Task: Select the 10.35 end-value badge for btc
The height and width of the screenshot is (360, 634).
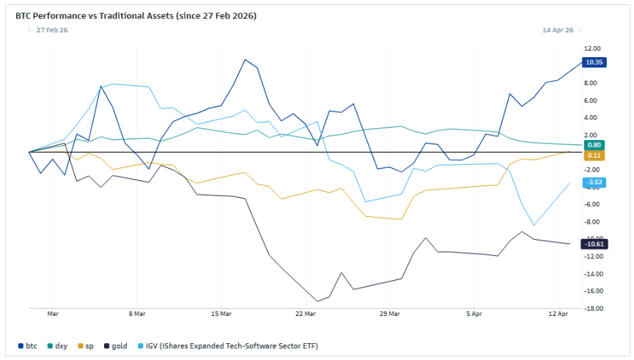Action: tap(594, 62)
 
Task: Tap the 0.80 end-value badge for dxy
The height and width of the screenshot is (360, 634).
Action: tap(594, 145)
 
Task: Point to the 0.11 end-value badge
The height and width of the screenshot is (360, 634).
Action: tap(594, 155)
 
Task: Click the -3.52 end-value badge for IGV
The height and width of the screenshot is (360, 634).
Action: tap(594, 182)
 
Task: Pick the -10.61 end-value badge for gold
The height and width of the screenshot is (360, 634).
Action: tap(594, 243)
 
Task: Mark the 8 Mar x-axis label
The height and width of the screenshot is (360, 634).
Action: tap(137, 314)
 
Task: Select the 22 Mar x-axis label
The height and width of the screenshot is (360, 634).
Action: tap(306, 314)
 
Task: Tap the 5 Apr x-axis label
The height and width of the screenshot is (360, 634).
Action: tap(474, 314)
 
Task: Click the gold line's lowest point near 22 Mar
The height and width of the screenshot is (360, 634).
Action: tap(317, 301)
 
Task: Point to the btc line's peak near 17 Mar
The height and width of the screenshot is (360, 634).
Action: tap(246, 59)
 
